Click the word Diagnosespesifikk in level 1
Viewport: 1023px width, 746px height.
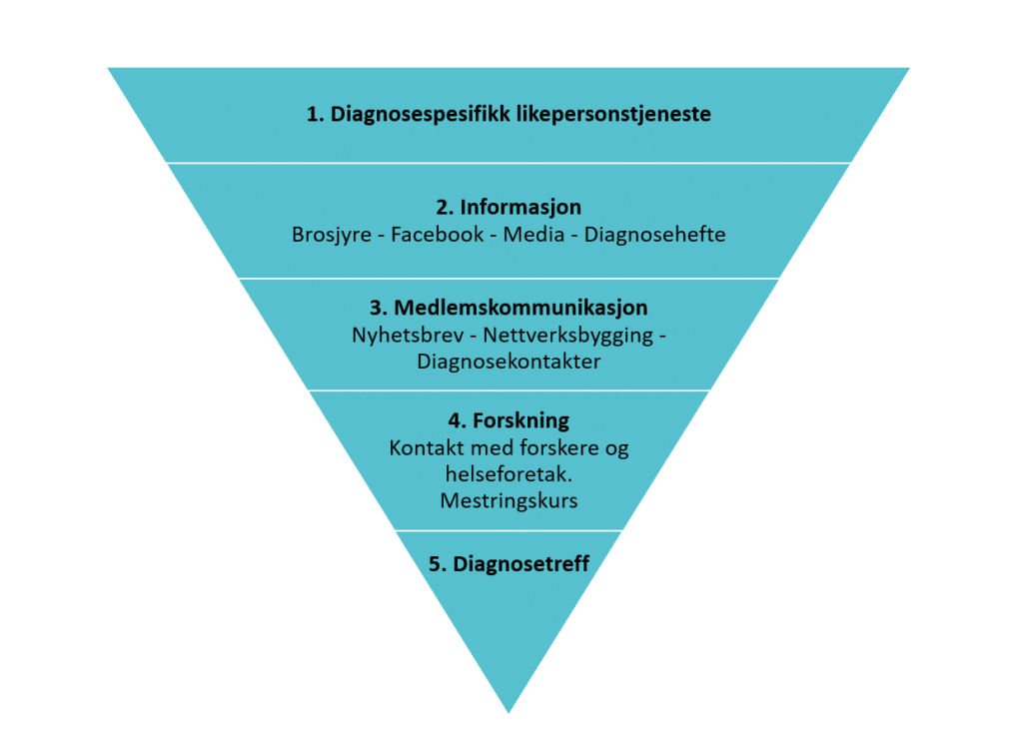(x=421, y=115)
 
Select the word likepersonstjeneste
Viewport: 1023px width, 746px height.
(x=614, y=115)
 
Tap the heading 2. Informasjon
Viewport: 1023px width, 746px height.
(x=509, y=208)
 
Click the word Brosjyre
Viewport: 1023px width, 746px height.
(x=332, y=235)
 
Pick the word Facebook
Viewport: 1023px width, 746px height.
(x=438, y=234)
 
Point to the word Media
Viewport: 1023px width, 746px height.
(x=533, y=234)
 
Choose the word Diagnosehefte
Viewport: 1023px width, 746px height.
(x=654, y=235)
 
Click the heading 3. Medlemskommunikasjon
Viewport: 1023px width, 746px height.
(x=509, y=308)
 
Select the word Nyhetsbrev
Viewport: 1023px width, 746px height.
(x=408, y=336)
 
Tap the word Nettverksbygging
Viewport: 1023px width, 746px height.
(x=568, y=336)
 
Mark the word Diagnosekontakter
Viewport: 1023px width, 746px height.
(x=509, y=362)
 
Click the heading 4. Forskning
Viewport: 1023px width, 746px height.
(x=509, y=421)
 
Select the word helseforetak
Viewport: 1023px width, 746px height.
(x=509, y=474)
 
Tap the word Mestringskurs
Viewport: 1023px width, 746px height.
(x=509, y=500)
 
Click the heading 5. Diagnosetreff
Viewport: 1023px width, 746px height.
(x=509, y=564)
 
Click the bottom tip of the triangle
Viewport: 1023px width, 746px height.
(x=509, y=713)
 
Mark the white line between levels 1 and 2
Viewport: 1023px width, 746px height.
(x=509, y=163)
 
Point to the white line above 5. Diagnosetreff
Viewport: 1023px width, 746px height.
(x=509, y=531)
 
